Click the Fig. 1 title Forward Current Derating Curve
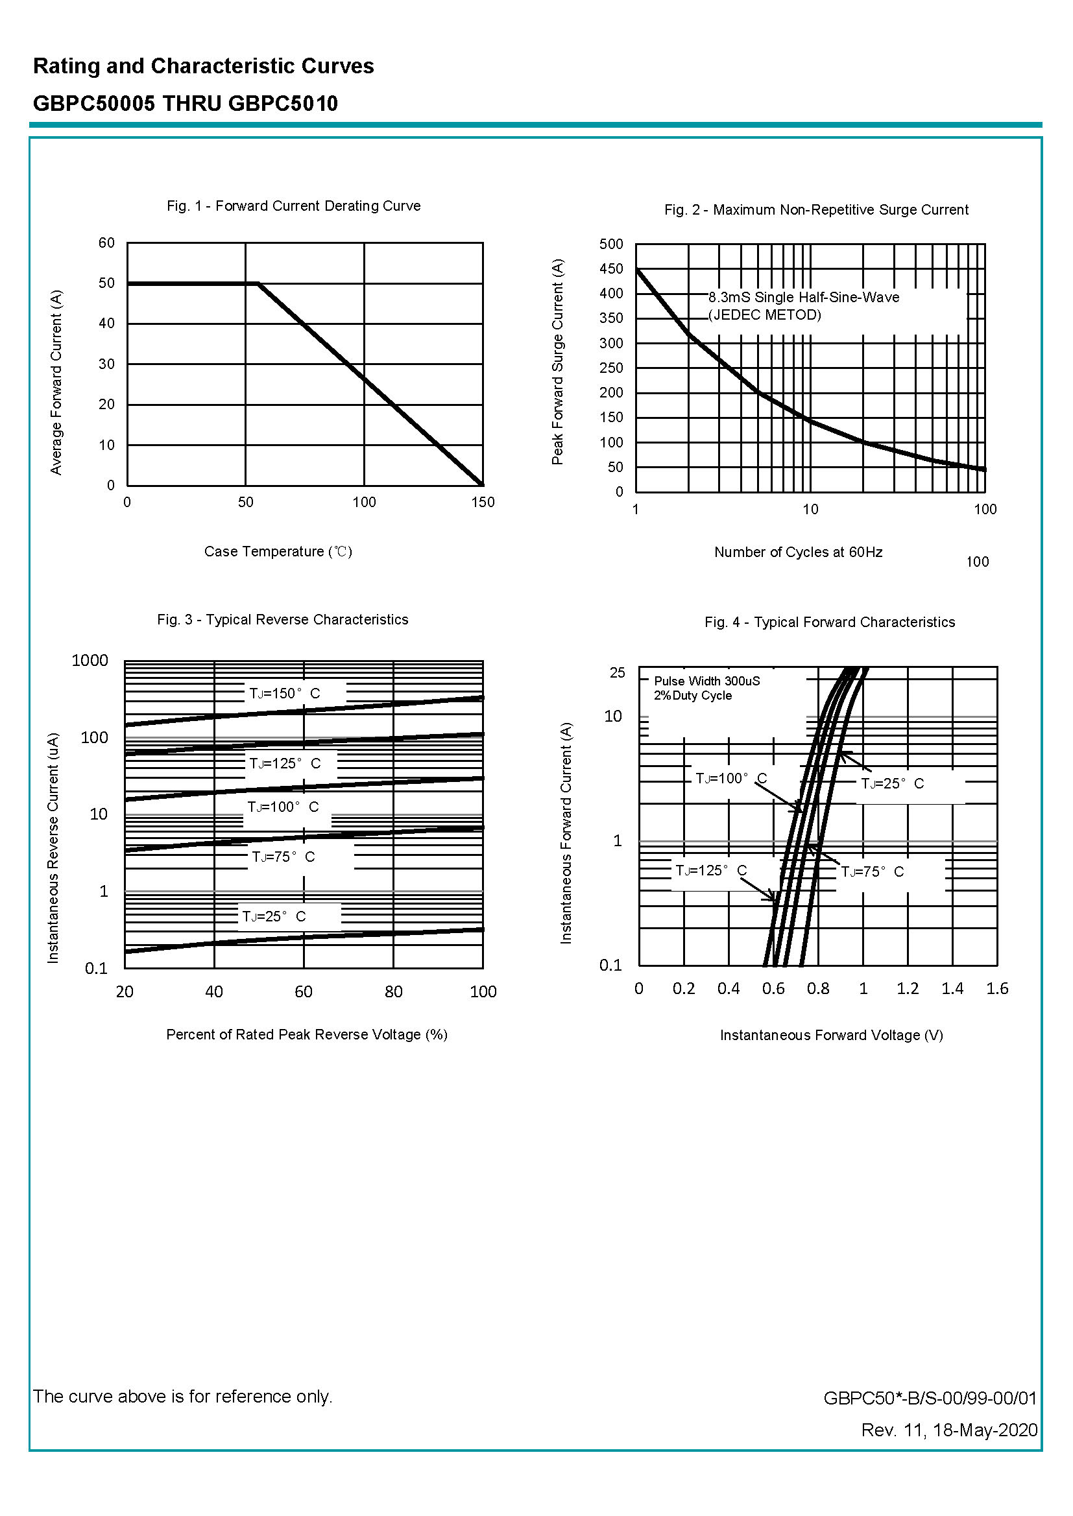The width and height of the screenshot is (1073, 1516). (293, 206)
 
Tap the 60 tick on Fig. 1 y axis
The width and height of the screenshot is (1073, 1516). (106, 243)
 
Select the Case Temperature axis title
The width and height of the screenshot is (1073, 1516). (278, 551)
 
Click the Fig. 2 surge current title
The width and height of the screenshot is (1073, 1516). (816, 210)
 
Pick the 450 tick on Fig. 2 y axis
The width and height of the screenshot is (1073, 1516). (611, 268)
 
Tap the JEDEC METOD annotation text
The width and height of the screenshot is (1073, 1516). (764, 315)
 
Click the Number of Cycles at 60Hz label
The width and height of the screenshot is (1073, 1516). (798, 552)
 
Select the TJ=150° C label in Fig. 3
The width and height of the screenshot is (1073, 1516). (284, 693)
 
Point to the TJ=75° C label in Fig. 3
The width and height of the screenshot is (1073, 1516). (283, 857)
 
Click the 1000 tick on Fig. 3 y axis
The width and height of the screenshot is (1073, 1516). (90, 660)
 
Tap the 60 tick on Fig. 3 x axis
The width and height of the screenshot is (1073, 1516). (303, 991)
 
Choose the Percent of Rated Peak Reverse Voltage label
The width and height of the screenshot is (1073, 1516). (307, 1035)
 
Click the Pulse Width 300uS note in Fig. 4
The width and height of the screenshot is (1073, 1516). (706, 681)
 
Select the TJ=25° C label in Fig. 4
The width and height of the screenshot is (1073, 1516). (892, 784)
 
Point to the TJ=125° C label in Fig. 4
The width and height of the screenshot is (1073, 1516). (711, 871)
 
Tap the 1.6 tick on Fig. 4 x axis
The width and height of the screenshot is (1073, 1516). (997, 988)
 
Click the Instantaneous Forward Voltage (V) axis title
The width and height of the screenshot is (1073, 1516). (831, 1036)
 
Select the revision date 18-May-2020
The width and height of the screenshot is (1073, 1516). (985, 1430)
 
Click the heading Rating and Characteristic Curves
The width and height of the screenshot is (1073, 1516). (204, 66)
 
